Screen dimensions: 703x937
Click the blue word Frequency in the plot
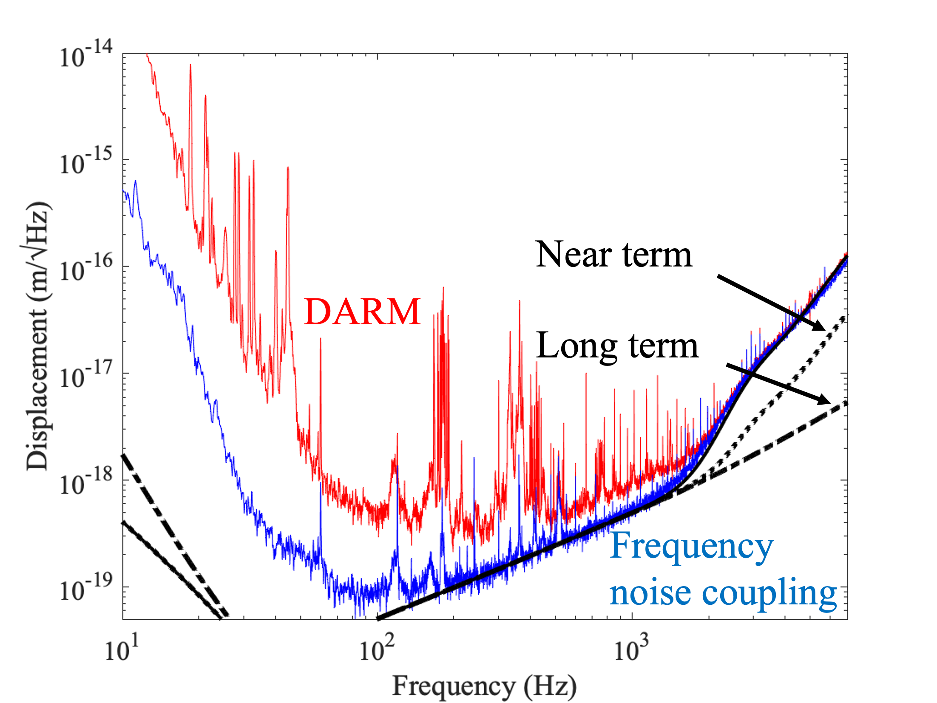(x=691, y=547)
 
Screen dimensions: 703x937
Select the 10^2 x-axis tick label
(x=377, y=648)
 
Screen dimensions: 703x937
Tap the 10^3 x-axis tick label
(x=632, y=648)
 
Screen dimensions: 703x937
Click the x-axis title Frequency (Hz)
(x=484, y=685)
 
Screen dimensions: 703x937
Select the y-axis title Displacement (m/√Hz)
(x=37, y=336)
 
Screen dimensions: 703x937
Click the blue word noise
(x=651, y=594)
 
